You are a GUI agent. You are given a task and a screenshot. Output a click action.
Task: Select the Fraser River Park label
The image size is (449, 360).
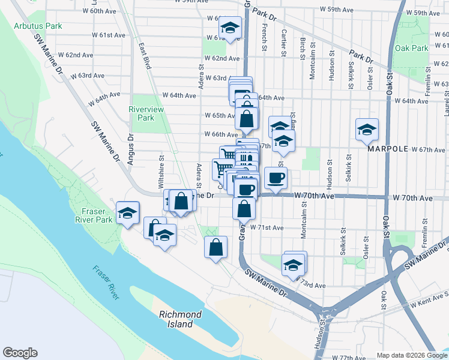[x=96, y=215]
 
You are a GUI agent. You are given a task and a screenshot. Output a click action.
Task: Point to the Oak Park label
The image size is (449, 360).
[x=412, y=49]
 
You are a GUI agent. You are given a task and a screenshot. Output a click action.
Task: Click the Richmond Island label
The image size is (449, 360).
[x=180, y=319]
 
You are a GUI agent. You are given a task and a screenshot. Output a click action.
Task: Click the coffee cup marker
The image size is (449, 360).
[x=276, y=178]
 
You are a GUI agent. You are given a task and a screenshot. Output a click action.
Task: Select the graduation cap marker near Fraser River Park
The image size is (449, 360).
[x=127, y=213]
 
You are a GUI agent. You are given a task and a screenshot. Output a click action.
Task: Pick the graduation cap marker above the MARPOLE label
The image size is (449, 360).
[x=366, y=129]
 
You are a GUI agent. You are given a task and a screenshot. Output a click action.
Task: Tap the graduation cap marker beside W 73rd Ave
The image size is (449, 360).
[x=292, y=265]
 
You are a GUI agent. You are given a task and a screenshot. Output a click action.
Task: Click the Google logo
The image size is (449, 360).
[x=20, y=353]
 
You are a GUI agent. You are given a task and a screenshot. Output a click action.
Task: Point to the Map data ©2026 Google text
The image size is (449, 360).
[x=412, y=355]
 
